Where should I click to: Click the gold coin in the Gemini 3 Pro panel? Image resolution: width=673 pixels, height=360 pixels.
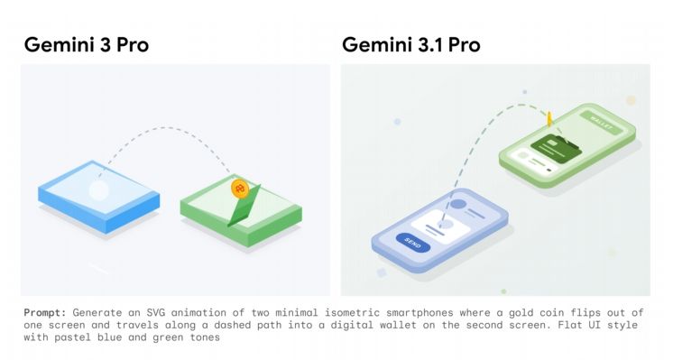click(240, 189)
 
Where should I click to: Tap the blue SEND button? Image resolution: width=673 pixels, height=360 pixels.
click(413, 244)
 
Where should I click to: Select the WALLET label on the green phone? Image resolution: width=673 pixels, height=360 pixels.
click(601, 123)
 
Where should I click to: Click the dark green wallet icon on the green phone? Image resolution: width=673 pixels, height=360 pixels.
click(557, 146)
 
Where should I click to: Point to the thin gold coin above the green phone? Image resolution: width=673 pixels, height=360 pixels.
click(549, 119)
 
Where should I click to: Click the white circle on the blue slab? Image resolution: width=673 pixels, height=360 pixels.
click(98, 190)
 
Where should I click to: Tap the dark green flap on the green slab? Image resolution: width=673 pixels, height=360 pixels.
click(244, 206)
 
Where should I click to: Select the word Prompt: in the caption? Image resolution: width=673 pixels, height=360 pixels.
click(45, 313)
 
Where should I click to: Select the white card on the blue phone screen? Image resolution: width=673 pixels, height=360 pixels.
click(440, 226)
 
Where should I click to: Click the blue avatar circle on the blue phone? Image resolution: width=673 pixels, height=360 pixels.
click(459, 204)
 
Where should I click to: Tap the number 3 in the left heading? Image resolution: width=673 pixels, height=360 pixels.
click(106, 45)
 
